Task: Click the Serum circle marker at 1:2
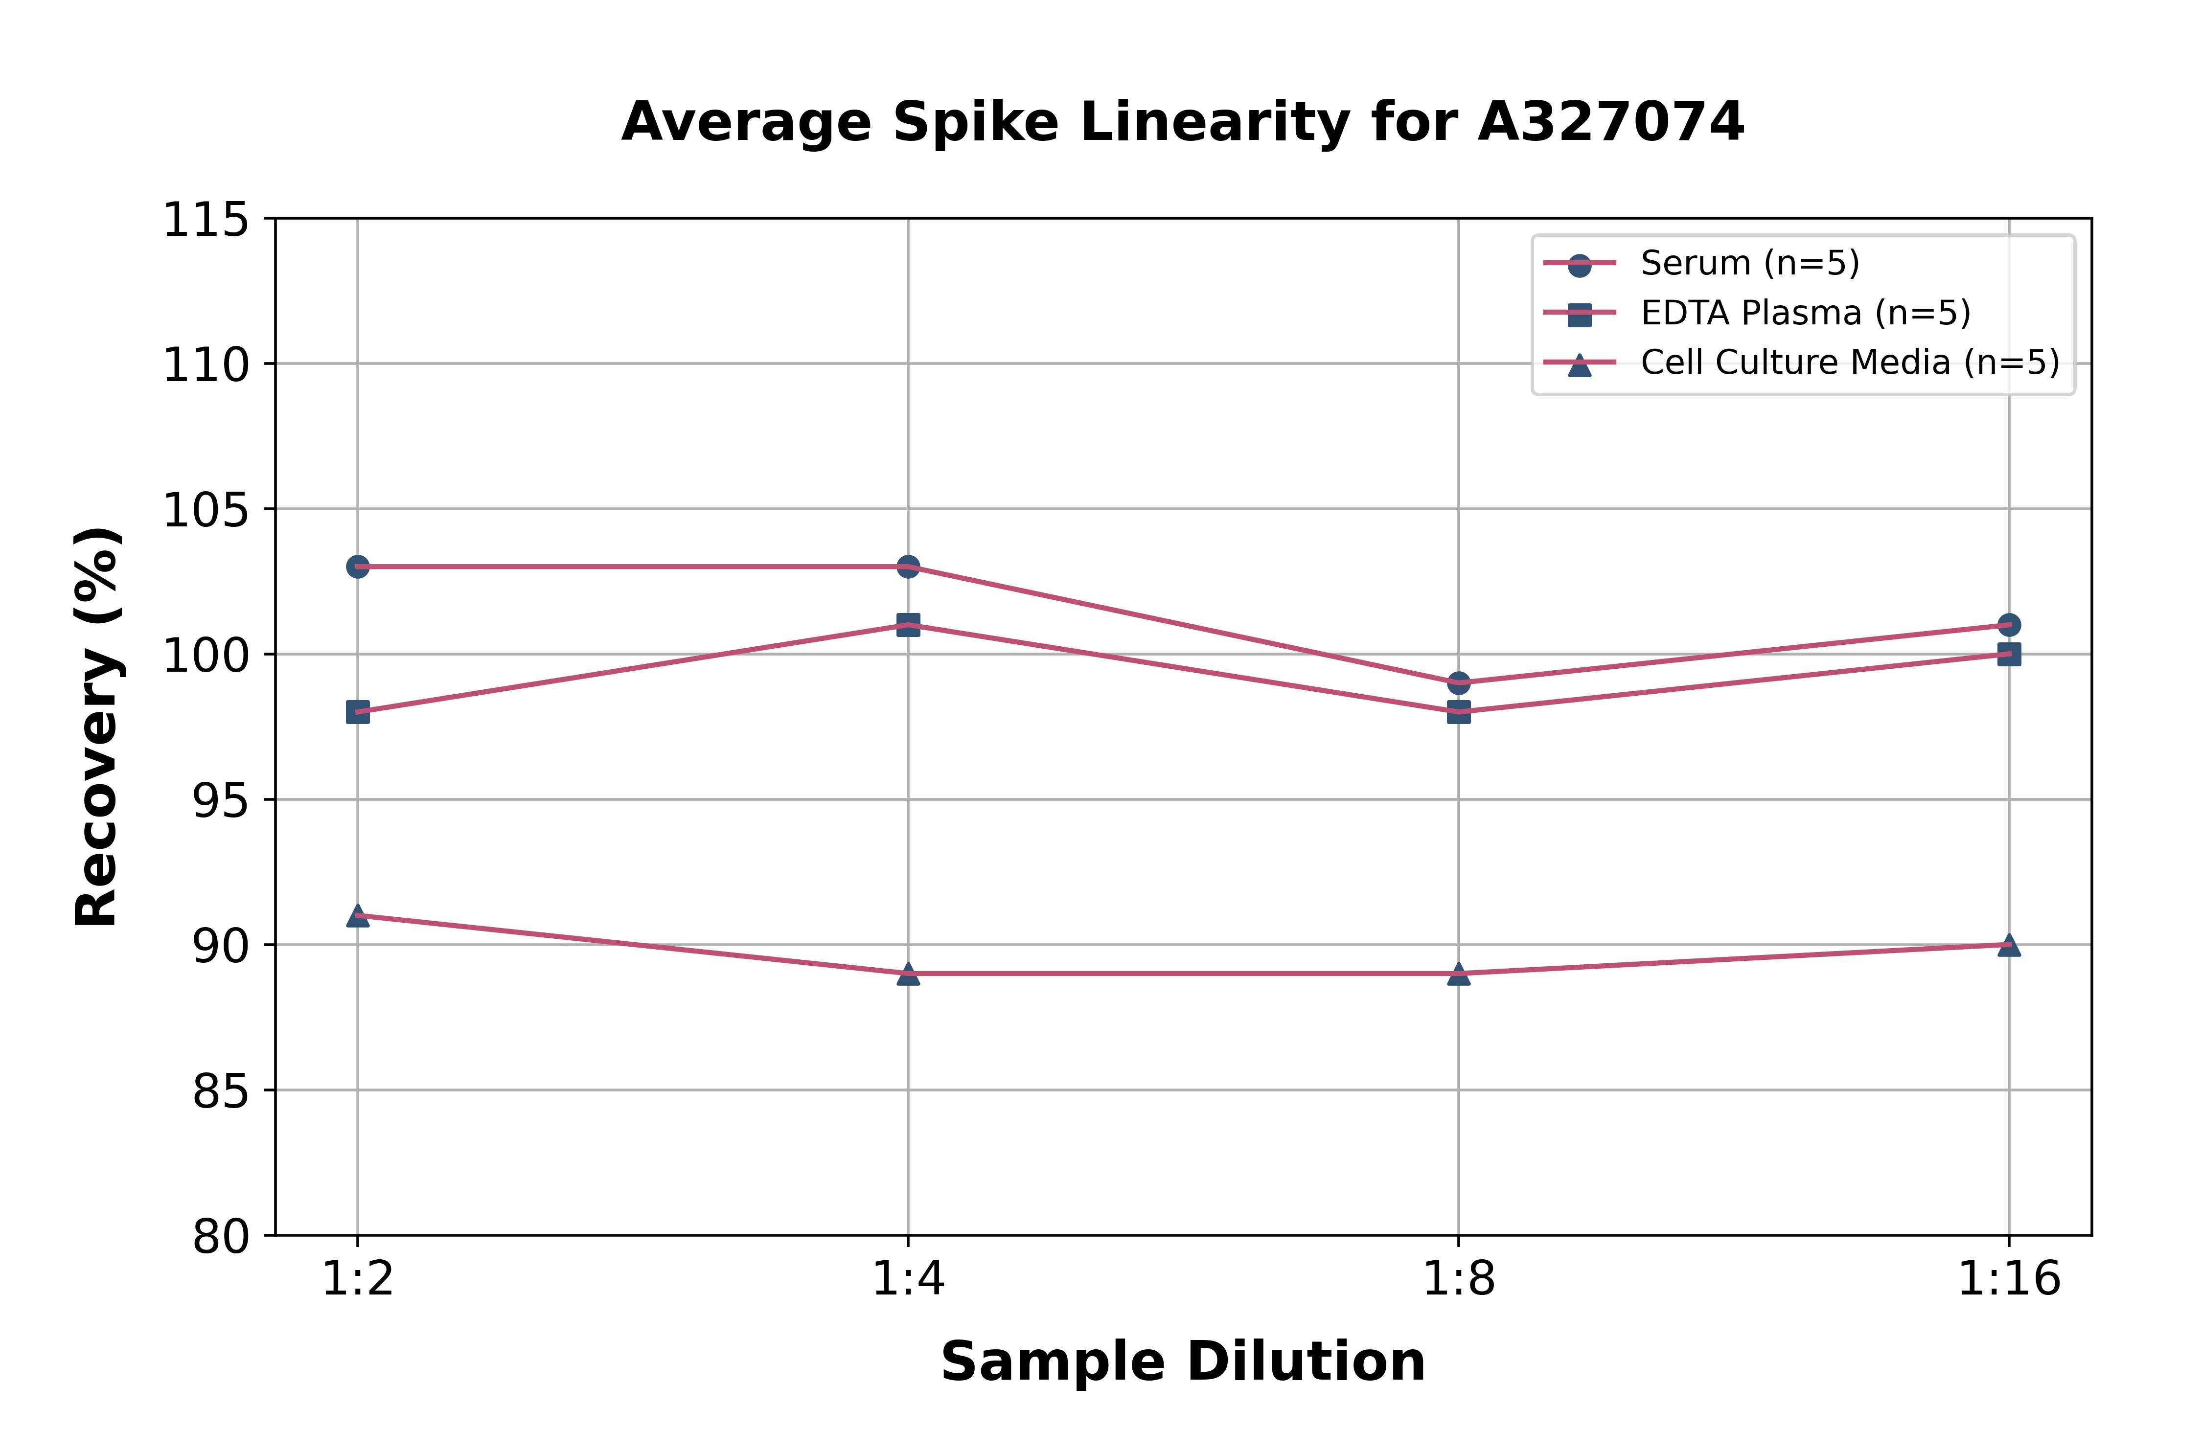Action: pyautogui.click(x=358, y=566)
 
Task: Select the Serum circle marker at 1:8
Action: pyautogui.click(x=1459, y=683)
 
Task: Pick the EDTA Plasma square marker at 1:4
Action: pyautogui.click(x=908, y=625)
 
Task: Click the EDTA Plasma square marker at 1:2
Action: pyautogui.click(x=358, y=712)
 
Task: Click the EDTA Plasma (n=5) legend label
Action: pyautogui.click(x=1805, y=313)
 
